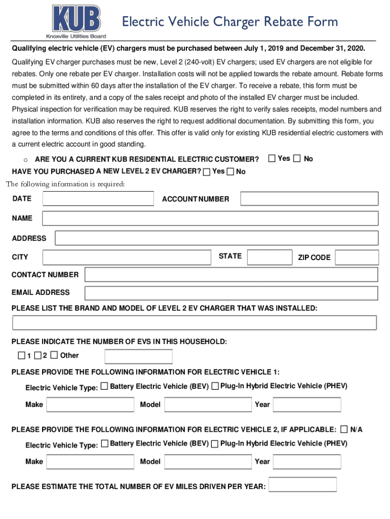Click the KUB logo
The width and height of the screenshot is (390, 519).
(x=77, y=21)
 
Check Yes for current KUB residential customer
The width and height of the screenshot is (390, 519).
(x=271, y=159)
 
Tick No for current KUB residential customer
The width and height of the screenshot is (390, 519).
(x=297, y=159)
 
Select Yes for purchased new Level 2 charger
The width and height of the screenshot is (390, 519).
(x=207, y=172)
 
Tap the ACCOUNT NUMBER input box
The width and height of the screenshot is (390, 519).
(x=309, y=199)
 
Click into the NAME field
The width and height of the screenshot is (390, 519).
(x=210, y=218)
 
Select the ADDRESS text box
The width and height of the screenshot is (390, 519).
(x=216, y=238)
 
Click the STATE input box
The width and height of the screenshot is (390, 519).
(x=269, y=257)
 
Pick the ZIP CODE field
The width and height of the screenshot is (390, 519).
(x=357, y=257)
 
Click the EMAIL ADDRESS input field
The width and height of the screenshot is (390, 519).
(x=231, y=293)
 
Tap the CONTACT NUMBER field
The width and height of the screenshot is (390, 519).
(x=231, y=275)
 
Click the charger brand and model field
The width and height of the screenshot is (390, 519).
(x=194, y=323)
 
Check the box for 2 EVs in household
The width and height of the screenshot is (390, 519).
(x=38, y=355)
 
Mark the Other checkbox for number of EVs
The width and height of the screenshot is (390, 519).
(x=55, y=355)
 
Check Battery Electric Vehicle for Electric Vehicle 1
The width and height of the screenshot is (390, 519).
(x=104, y=387)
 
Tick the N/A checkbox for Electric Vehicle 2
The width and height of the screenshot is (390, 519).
(x=344, y=429)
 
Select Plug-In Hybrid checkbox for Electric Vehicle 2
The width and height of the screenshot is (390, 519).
(x=215, y=444)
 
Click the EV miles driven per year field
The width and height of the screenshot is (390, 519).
(x=303, y=485)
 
